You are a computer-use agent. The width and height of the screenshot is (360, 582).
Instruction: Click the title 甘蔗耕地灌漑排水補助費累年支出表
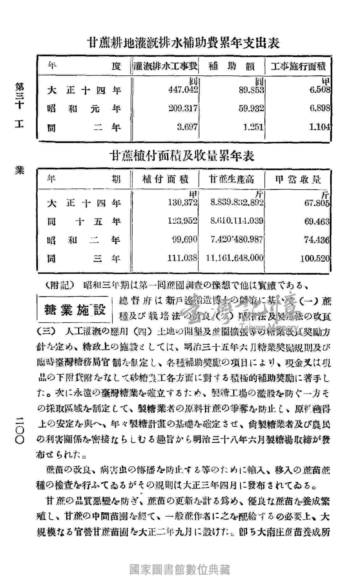[184, 44]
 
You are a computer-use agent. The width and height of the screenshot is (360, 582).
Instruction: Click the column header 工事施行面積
[298, 67]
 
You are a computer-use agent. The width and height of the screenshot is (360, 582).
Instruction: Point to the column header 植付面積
[165, 180]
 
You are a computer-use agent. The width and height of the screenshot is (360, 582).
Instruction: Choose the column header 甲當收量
[298, 180]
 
